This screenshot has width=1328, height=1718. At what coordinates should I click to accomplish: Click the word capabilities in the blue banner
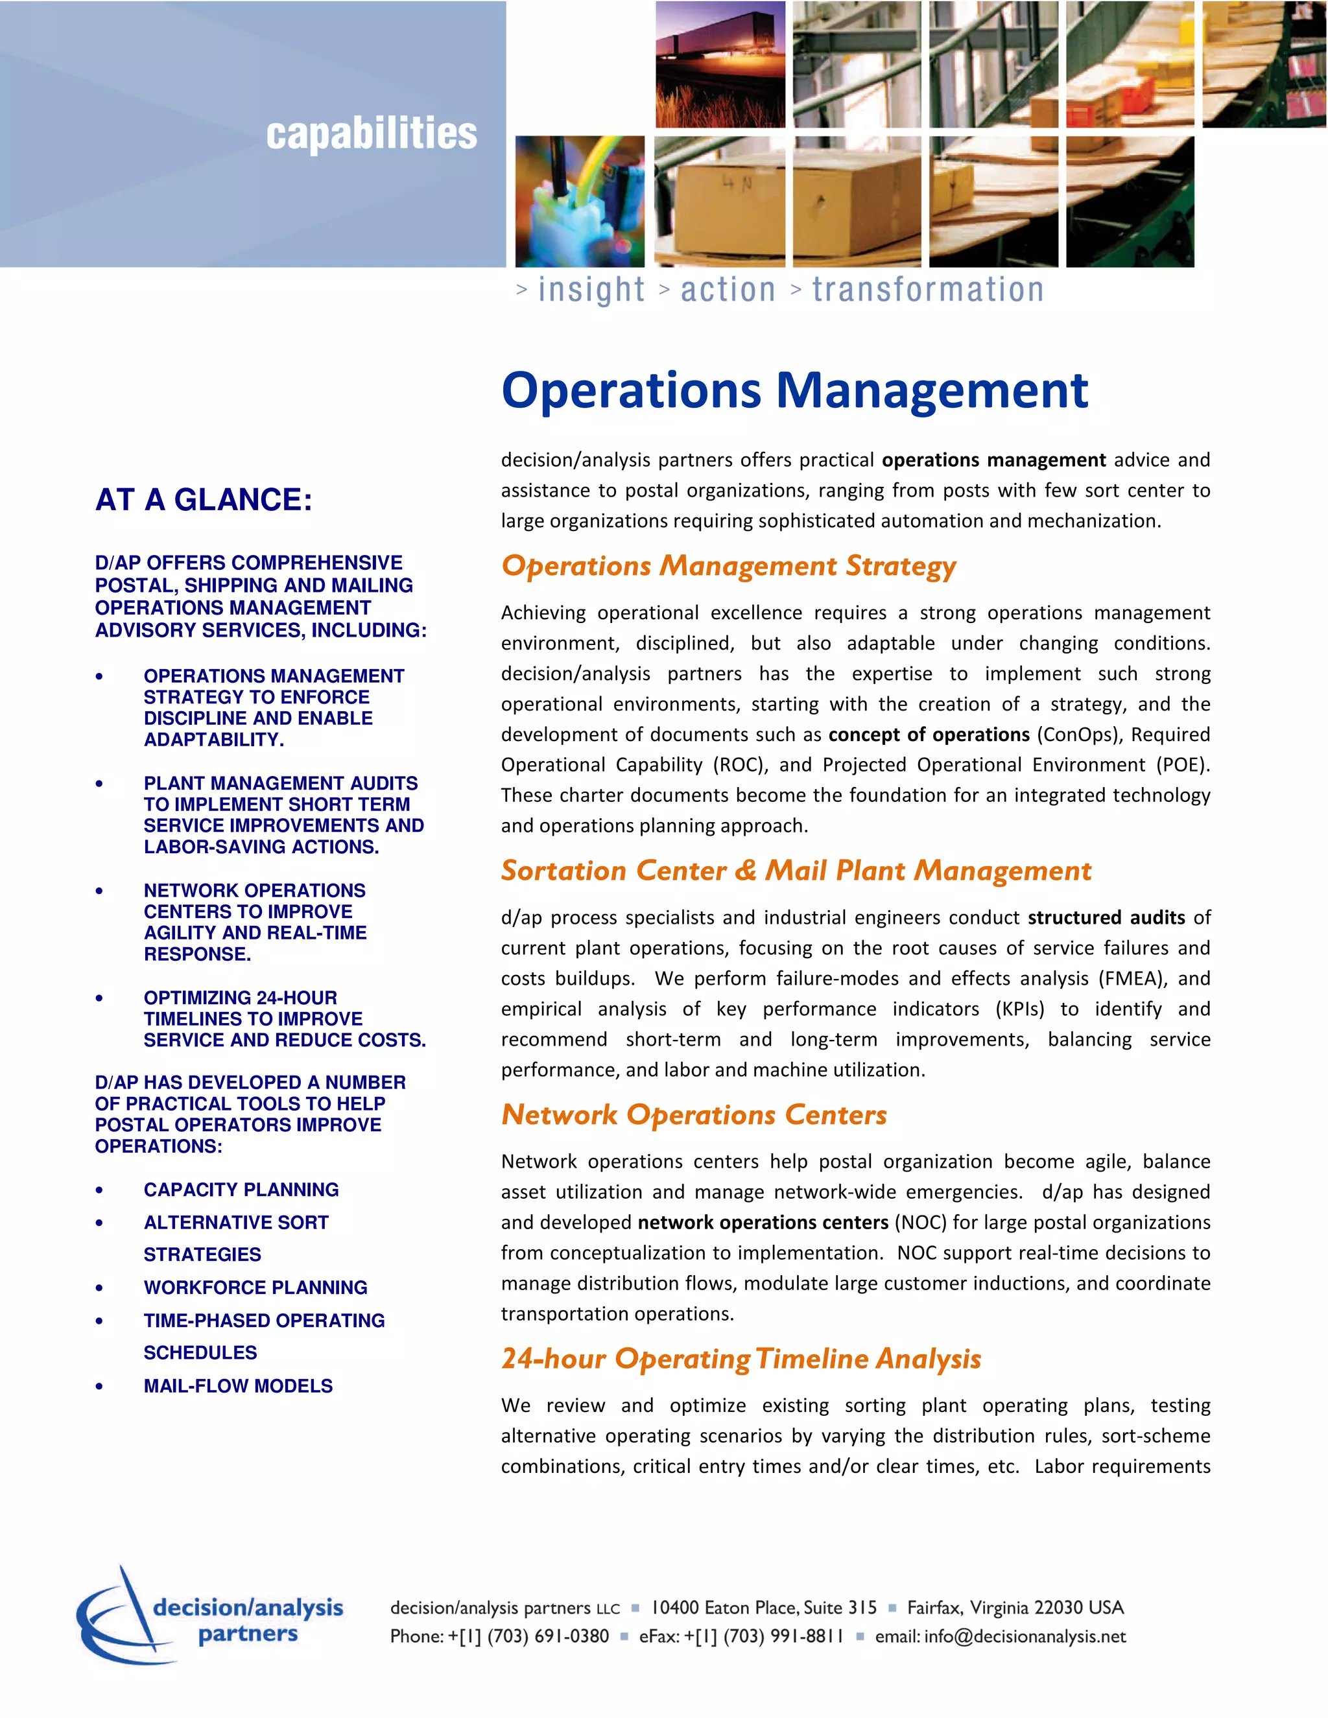click(x=372, y=134)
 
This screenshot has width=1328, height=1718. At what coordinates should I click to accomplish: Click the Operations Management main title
click(x=794, y=390)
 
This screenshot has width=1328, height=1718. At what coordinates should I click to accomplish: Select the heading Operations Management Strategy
click(x=728, y=567)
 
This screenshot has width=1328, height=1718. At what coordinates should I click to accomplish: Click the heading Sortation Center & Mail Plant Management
click(x=796, y=871)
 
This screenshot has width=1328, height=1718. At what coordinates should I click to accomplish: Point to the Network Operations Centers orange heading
click(x=694, y=1114)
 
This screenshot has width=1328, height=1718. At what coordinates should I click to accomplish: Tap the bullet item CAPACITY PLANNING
click(x=241, y=1190)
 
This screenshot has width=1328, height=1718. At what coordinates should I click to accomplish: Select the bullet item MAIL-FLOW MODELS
click(x=237, y=1386)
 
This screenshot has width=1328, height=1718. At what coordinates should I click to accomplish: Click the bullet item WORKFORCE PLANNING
click(x=255, y=1288)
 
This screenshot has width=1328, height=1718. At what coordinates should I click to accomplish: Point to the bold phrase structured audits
click(x=1106, y=917)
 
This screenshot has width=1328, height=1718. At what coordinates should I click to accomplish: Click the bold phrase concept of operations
click(x=929, y=735)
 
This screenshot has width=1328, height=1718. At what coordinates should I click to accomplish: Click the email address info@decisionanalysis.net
click(x=1025, y=1636)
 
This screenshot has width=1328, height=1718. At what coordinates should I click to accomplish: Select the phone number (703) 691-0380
click(x=547, y=1636)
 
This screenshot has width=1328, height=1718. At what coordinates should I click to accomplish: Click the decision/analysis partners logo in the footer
click(x=210, y=1616)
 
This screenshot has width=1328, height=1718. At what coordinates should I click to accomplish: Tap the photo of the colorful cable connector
click(x=580, y=202)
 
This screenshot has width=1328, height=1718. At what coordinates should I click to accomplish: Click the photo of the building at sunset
click(x=720, y=64)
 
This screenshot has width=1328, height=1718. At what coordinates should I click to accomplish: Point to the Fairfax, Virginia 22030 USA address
click(x=1015, y=1607)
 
